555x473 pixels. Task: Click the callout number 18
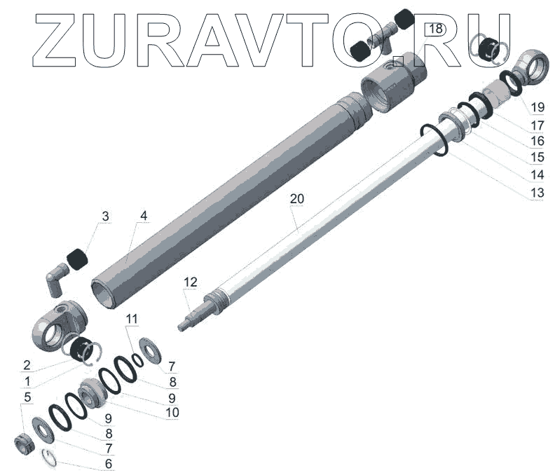tap(436, 29)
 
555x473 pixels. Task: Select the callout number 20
tap(297, 199)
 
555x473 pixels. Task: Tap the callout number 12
tap(191, 282)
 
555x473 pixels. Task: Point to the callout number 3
tap(106, 217)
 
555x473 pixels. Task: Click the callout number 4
tap(144, 216)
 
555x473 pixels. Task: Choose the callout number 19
tap(537, 107)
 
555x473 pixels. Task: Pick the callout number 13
tap(537, 193)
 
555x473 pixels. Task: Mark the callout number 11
tap(132, 319)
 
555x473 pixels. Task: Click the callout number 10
tap(172, 413)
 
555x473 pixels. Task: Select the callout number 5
tap(27, 397)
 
